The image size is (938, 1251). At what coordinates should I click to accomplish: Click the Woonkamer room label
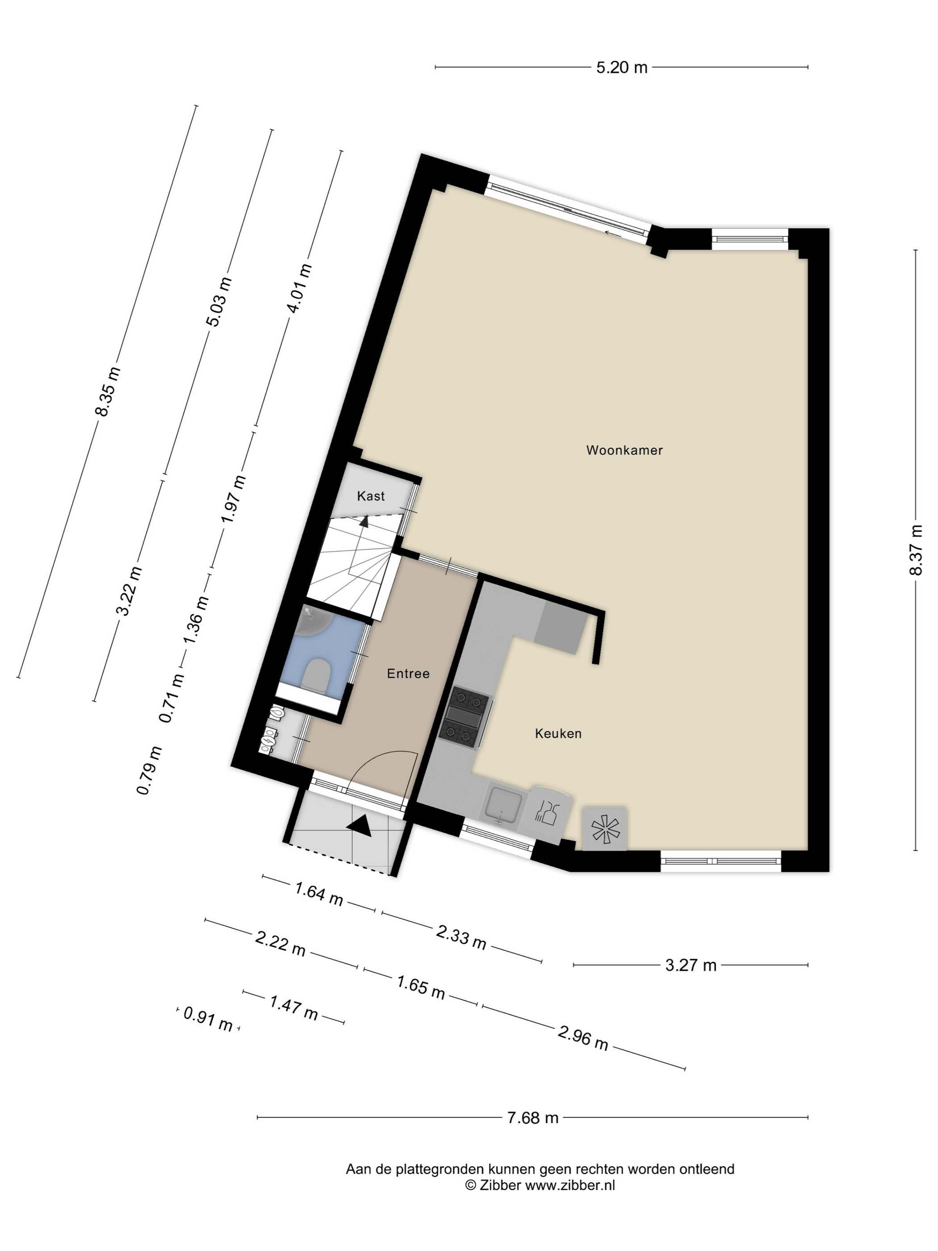click(624, 450)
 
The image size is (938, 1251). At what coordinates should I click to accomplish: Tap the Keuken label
click(558, 734)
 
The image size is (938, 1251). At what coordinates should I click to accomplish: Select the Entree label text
click(408, 674)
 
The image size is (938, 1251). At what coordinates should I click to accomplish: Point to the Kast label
click(370, 496)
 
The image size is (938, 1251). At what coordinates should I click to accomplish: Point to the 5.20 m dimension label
click(621, 67)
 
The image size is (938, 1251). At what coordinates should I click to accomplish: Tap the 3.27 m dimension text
click(691, 965)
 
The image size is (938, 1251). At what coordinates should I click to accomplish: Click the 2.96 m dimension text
click(583, 1037)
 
